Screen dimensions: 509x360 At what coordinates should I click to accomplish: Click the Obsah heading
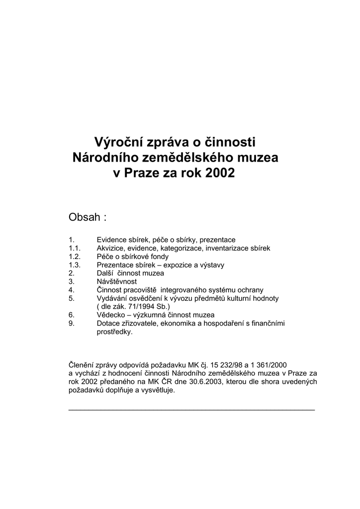[84, 217]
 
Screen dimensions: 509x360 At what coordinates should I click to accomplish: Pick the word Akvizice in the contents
[110, 248]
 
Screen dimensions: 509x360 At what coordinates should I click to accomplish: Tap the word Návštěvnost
[116, 281]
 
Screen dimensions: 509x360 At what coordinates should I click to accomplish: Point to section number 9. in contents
[72, 324]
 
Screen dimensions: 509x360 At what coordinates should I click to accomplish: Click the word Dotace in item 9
[108, 324]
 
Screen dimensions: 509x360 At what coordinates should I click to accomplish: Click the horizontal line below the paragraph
[191, 410]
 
